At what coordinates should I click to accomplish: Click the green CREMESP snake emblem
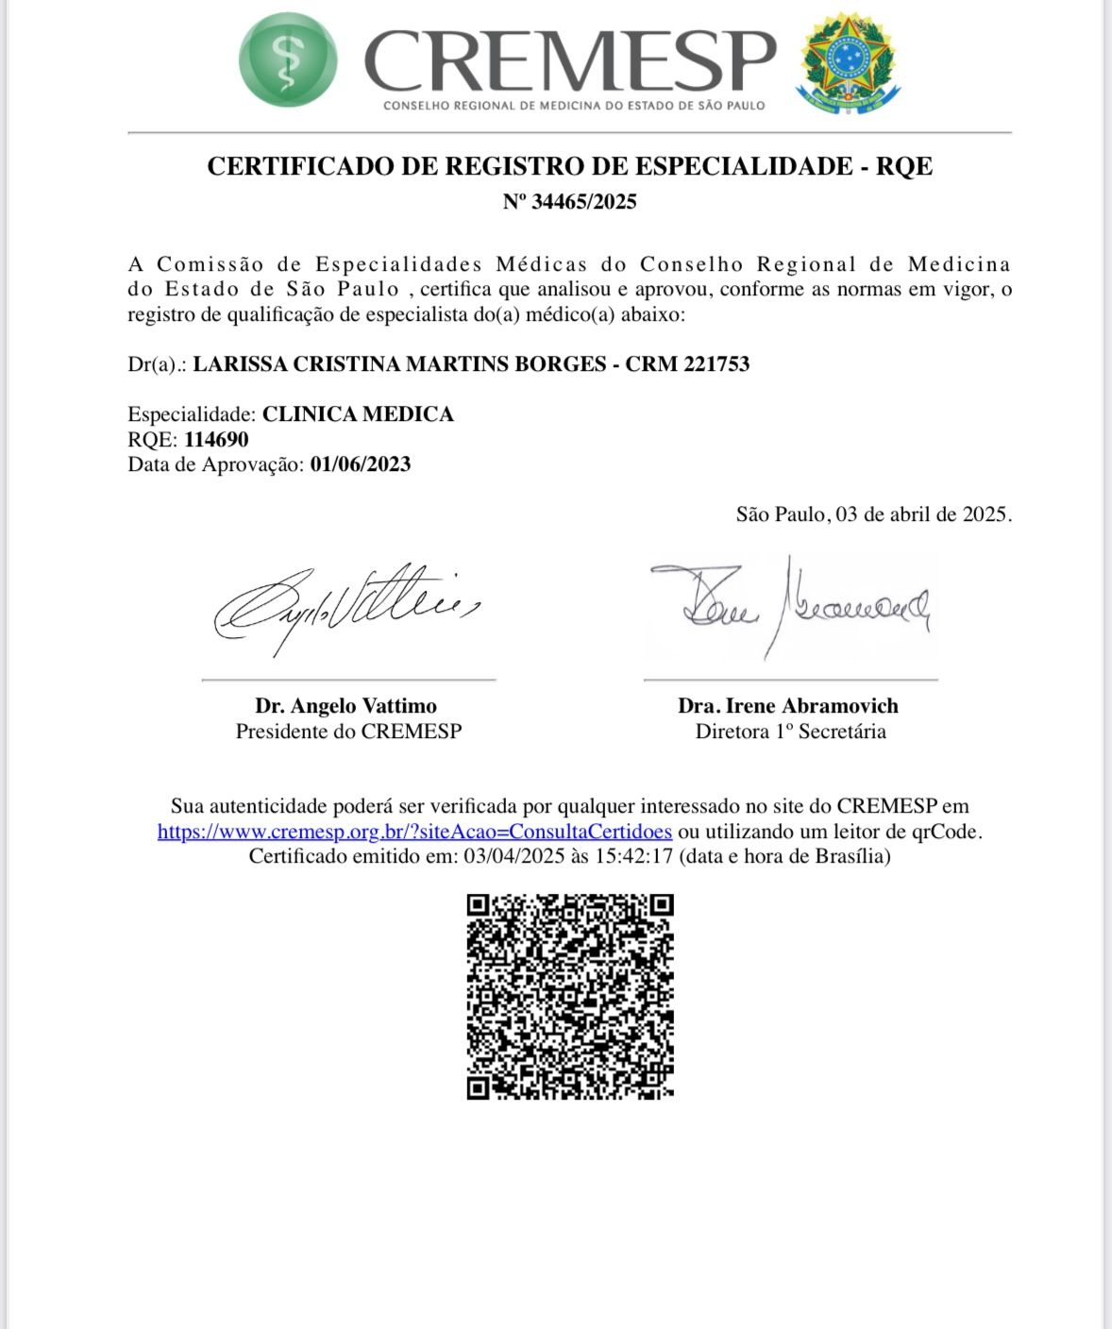(x=287, y=60)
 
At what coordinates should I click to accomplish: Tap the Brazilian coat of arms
(x=847, y=61)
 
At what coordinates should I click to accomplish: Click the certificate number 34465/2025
(x=583, y=201)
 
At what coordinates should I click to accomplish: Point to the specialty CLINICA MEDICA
(x=358, y=414)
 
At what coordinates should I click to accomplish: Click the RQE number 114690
(x=216, y=440)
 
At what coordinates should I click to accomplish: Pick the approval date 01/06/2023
(x=360, y=464)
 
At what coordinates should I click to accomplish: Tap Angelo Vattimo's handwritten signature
(x=345, y=606)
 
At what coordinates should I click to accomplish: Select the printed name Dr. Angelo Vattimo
(x=345, y=706)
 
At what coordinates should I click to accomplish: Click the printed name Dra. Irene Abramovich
(x=787, y=706)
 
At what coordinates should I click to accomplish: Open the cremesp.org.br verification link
(x=414, y=832)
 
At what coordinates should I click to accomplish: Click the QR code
(x=569, y=996)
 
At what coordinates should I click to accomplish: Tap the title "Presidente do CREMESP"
(x=348, y=732)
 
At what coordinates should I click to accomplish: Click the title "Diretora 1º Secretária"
(x=790, y=732)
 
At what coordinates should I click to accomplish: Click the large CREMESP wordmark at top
(x=569, y=60)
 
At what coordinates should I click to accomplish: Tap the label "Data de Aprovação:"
(x=215, y=464)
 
